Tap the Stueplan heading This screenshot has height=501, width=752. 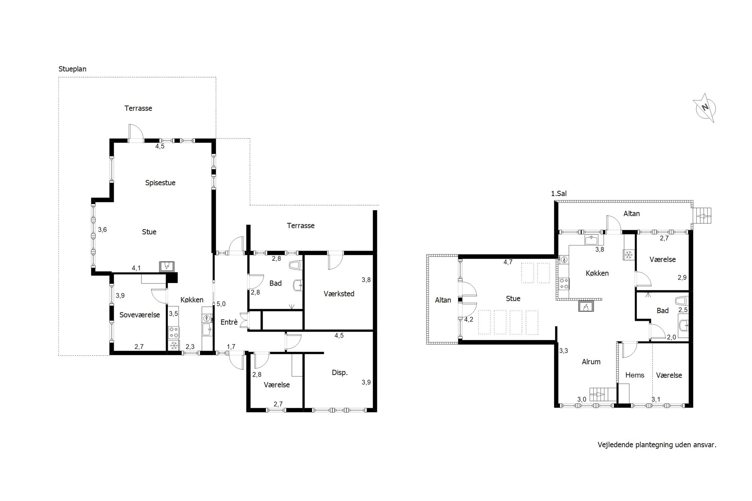(x=73, y=69)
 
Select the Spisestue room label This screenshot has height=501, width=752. (x=161, y=183)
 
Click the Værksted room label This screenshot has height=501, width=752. (x=339, y=294)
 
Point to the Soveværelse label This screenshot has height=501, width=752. (x=139, y=315)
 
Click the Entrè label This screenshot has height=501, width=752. (x=229, y=322)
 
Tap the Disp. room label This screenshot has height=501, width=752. (x=340, y=373)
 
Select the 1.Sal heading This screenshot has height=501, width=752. (x=559, y=194)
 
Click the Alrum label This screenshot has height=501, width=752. (x=591, y=362)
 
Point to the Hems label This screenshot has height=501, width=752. (x=635, y=375)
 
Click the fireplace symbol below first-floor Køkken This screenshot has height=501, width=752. (x=585, y=307)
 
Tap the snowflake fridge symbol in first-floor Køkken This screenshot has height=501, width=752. (x=628, y=255)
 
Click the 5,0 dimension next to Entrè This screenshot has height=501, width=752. (x=221, y=304)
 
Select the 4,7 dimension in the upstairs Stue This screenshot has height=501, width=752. (x=508, y=262)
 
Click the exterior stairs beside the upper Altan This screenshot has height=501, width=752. (x=702, y=216)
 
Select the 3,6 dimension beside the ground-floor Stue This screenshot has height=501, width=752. (x=102, y=230)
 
